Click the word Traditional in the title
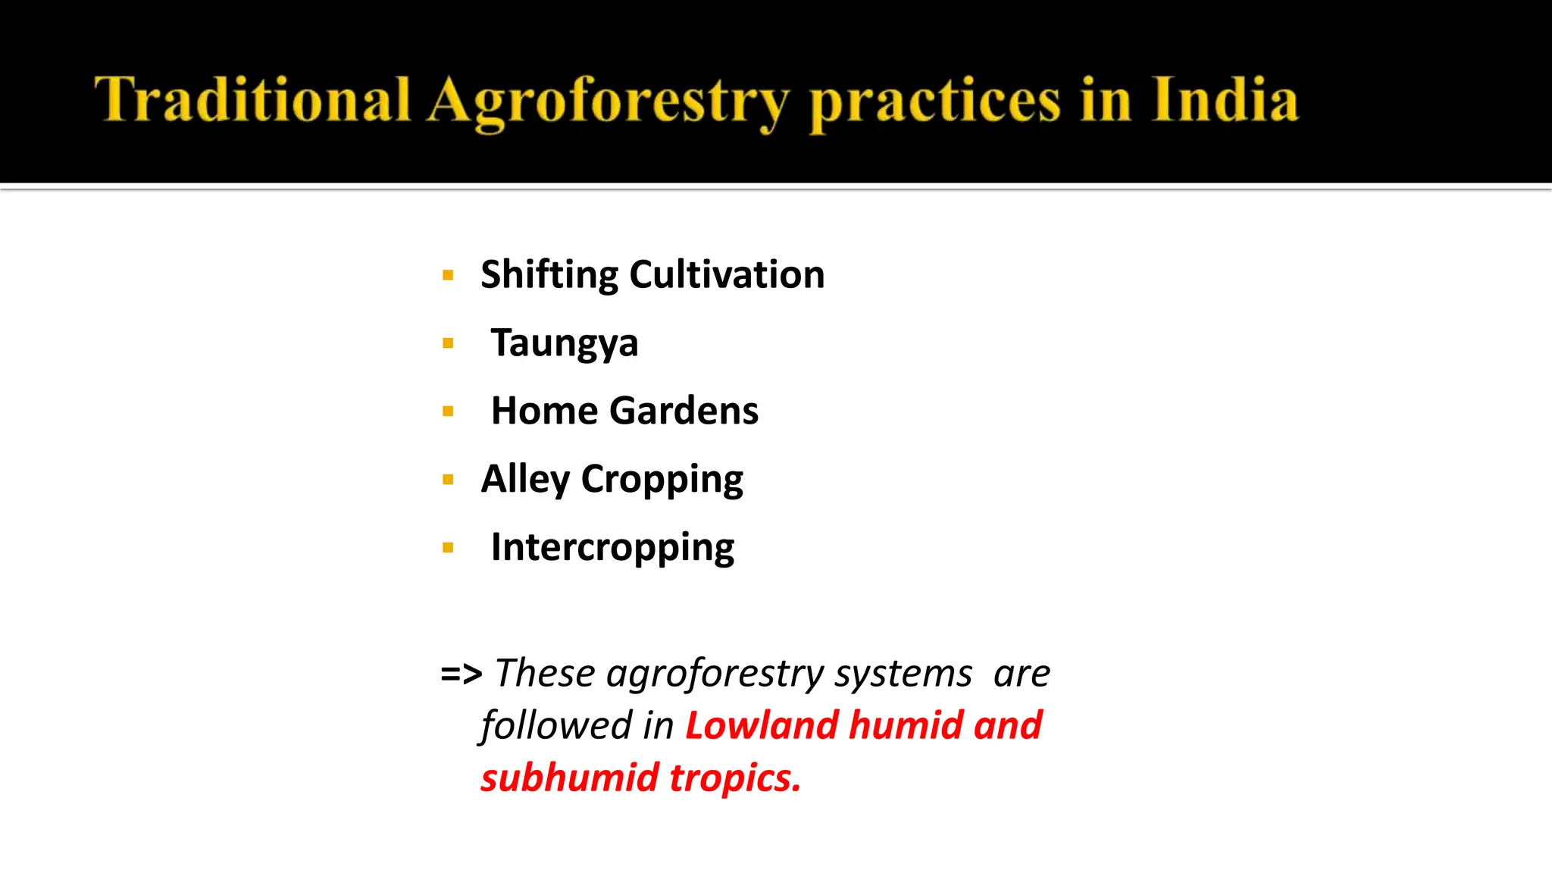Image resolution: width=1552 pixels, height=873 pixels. [x=252, y=100]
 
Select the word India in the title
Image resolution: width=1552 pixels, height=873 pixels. [x=1225, y=100]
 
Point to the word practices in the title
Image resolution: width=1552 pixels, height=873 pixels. [x=934, y=102]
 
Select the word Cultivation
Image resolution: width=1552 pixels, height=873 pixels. [x=727, y=274]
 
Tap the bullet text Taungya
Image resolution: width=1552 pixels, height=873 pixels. [x=565, y=343]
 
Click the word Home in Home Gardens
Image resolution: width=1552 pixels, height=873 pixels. [x=544, y=411]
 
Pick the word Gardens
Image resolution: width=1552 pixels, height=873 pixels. [x=684, y=411]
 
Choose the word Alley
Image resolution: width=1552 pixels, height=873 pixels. [x=525, y=479]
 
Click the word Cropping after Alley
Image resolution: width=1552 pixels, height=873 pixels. [x=662, y=480]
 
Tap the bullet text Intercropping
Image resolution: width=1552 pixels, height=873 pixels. [x=612, y=548]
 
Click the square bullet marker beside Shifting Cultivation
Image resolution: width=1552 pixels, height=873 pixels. [x=448, y=275]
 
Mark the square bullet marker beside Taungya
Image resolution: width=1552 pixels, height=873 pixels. [x=448, y=343]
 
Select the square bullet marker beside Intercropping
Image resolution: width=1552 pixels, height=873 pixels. [x=448, y=548]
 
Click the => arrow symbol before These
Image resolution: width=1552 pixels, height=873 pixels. [x=461, y=673]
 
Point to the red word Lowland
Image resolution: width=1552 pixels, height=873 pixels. [x=762, y=725]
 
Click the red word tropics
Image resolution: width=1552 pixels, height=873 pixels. [x=734, y=779]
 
